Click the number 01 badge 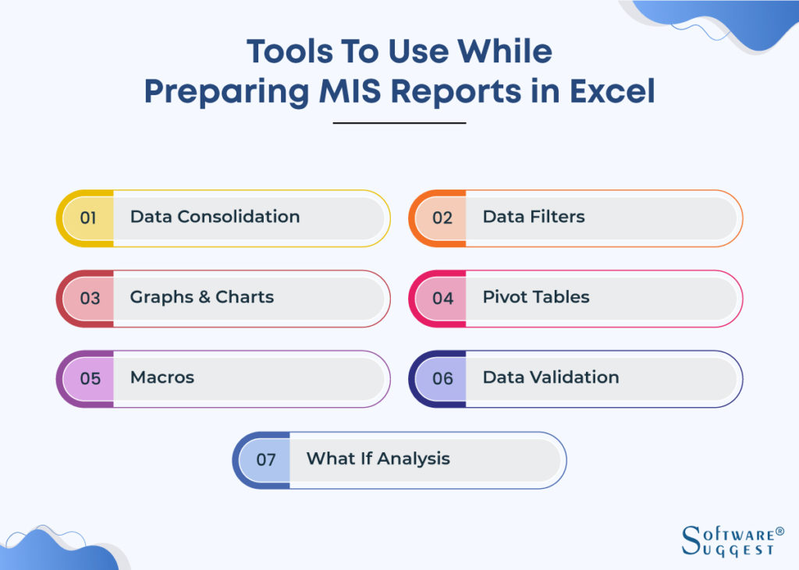88,218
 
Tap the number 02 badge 442,218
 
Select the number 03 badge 90,298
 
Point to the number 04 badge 442,298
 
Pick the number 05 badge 90,378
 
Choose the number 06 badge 442,378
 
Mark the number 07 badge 266,459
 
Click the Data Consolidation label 215,217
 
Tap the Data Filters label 534,217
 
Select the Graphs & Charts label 202,297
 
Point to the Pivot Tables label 536,297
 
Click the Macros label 162,377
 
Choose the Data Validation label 551,377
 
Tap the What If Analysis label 378,458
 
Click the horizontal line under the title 399,122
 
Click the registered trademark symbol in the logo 779,532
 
